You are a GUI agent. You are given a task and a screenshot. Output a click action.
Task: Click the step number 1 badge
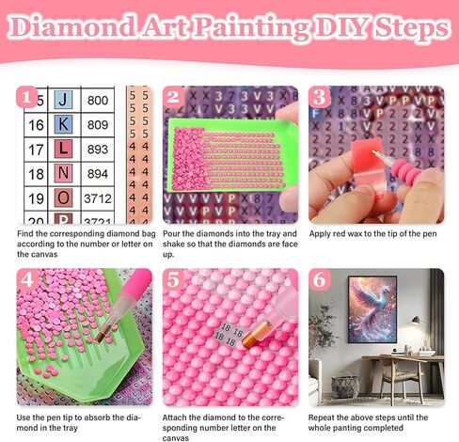click(x=28, y=97)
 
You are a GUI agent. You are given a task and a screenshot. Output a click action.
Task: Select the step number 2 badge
click(x=173, y=97)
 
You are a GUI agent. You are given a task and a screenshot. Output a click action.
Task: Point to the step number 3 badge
click(x=320, y=97)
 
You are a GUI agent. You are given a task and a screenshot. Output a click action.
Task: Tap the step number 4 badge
click(x=28, y=280)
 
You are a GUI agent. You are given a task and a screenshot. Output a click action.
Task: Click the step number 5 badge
click(x=173, y=280)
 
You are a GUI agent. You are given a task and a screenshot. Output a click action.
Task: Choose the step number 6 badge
click(x=320, y=280)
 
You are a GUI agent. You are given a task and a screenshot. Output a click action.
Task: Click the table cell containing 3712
click(x=98, y=198)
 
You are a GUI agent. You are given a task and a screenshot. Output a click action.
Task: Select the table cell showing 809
click(x=98, y=123)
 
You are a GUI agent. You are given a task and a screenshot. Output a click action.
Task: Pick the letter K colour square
click(x=63, y=123)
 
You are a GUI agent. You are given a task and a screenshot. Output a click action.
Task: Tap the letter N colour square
click(x=63, y=173)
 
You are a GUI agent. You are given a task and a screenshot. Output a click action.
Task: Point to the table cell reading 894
click(x=98, y=173)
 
